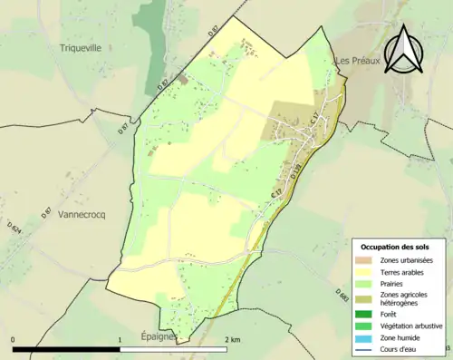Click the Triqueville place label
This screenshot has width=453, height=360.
click(81, 47)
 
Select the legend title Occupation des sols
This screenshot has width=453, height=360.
click(395, 247)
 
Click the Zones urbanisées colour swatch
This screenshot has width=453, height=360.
click(366, 261)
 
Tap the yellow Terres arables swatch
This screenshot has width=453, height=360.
click(366, 272)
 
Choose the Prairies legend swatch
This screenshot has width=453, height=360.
click(366, 284)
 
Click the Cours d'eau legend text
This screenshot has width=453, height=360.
click(402, 346)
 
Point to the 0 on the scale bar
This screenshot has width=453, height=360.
click(13, 340)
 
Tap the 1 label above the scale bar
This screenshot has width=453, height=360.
click(120, 340)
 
